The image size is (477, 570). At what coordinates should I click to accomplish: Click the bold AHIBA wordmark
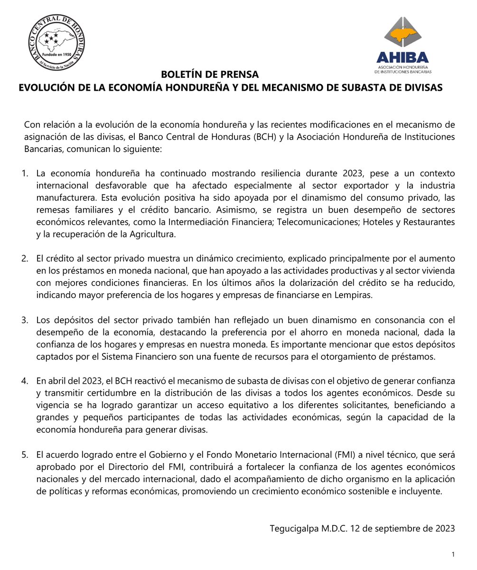tap(402, 57)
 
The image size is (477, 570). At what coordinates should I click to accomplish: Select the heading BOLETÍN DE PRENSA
tap(210, 75)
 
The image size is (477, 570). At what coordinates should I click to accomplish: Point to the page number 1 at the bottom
tap(453, 554)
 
